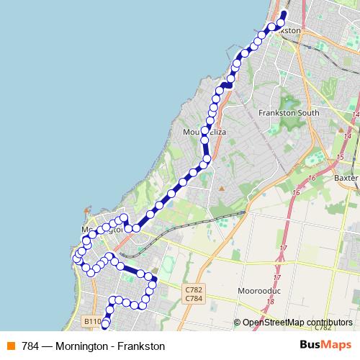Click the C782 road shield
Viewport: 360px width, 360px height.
click(193, 289)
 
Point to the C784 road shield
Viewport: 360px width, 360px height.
click(193, 298)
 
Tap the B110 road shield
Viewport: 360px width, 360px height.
click(91, 321)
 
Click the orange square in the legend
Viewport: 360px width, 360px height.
click(10, 346)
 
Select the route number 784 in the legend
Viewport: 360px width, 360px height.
click(31, 346)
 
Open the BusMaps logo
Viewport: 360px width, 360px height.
click(326, 346)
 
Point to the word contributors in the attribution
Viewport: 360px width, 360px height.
click(329, 323)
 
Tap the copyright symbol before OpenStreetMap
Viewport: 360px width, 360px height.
click(238, 323)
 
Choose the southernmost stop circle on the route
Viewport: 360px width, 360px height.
click(106, 323)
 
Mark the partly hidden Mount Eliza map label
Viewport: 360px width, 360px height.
click(194, 132)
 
